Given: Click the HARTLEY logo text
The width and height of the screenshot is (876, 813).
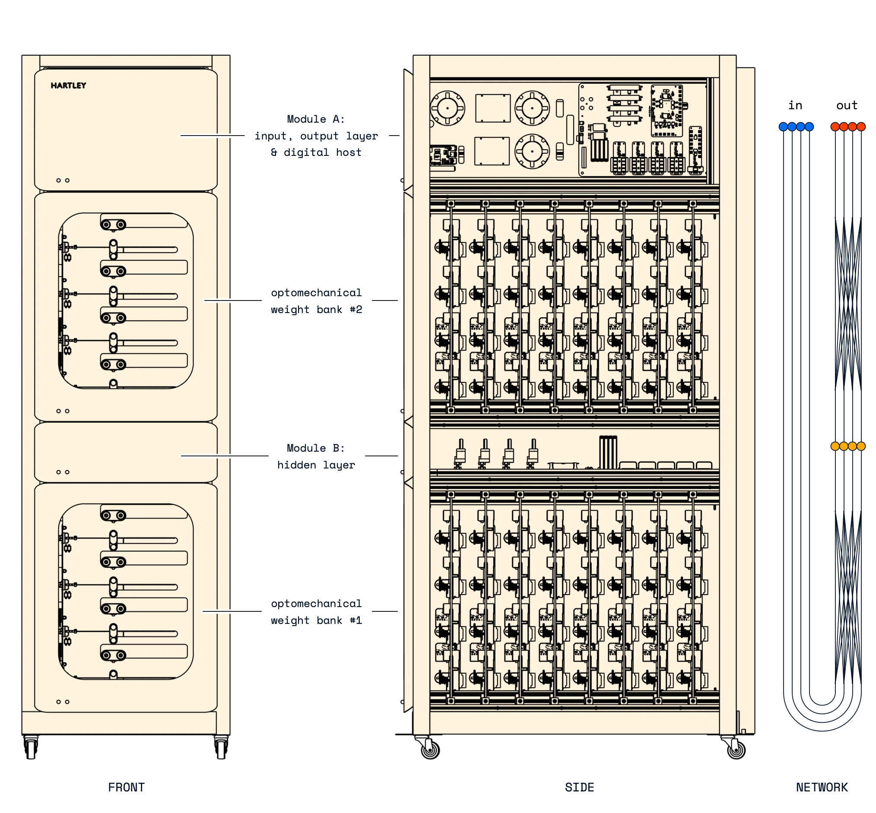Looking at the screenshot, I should point(68,85).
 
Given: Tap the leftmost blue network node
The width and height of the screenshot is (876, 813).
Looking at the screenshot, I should point(783,127).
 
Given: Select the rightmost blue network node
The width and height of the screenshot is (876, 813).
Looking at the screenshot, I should point(809,127).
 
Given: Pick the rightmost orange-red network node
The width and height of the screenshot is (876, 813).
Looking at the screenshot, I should point(860,127).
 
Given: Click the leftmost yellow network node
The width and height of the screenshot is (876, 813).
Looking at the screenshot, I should point(835,446).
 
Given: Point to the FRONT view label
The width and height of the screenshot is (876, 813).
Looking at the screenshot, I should point(126,787).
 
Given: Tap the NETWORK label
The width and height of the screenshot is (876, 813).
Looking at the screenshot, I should point(822,787).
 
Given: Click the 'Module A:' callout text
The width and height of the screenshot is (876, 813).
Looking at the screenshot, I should point(316,119).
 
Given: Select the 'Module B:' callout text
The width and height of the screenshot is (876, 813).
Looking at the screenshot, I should point(316,448).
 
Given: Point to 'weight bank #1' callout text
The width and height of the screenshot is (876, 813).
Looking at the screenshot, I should point(316,310).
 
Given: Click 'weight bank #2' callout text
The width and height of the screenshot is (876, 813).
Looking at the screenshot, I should point(316,620).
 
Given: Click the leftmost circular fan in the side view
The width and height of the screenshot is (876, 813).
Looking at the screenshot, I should point(447,108).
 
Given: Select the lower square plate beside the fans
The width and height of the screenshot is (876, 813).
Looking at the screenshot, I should point(492,151).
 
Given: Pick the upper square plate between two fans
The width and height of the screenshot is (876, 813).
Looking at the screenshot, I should point(492,108).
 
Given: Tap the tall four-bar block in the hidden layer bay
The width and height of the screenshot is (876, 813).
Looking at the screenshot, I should point(608,452).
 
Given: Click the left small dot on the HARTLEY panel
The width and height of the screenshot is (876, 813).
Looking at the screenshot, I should point(59,180).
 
